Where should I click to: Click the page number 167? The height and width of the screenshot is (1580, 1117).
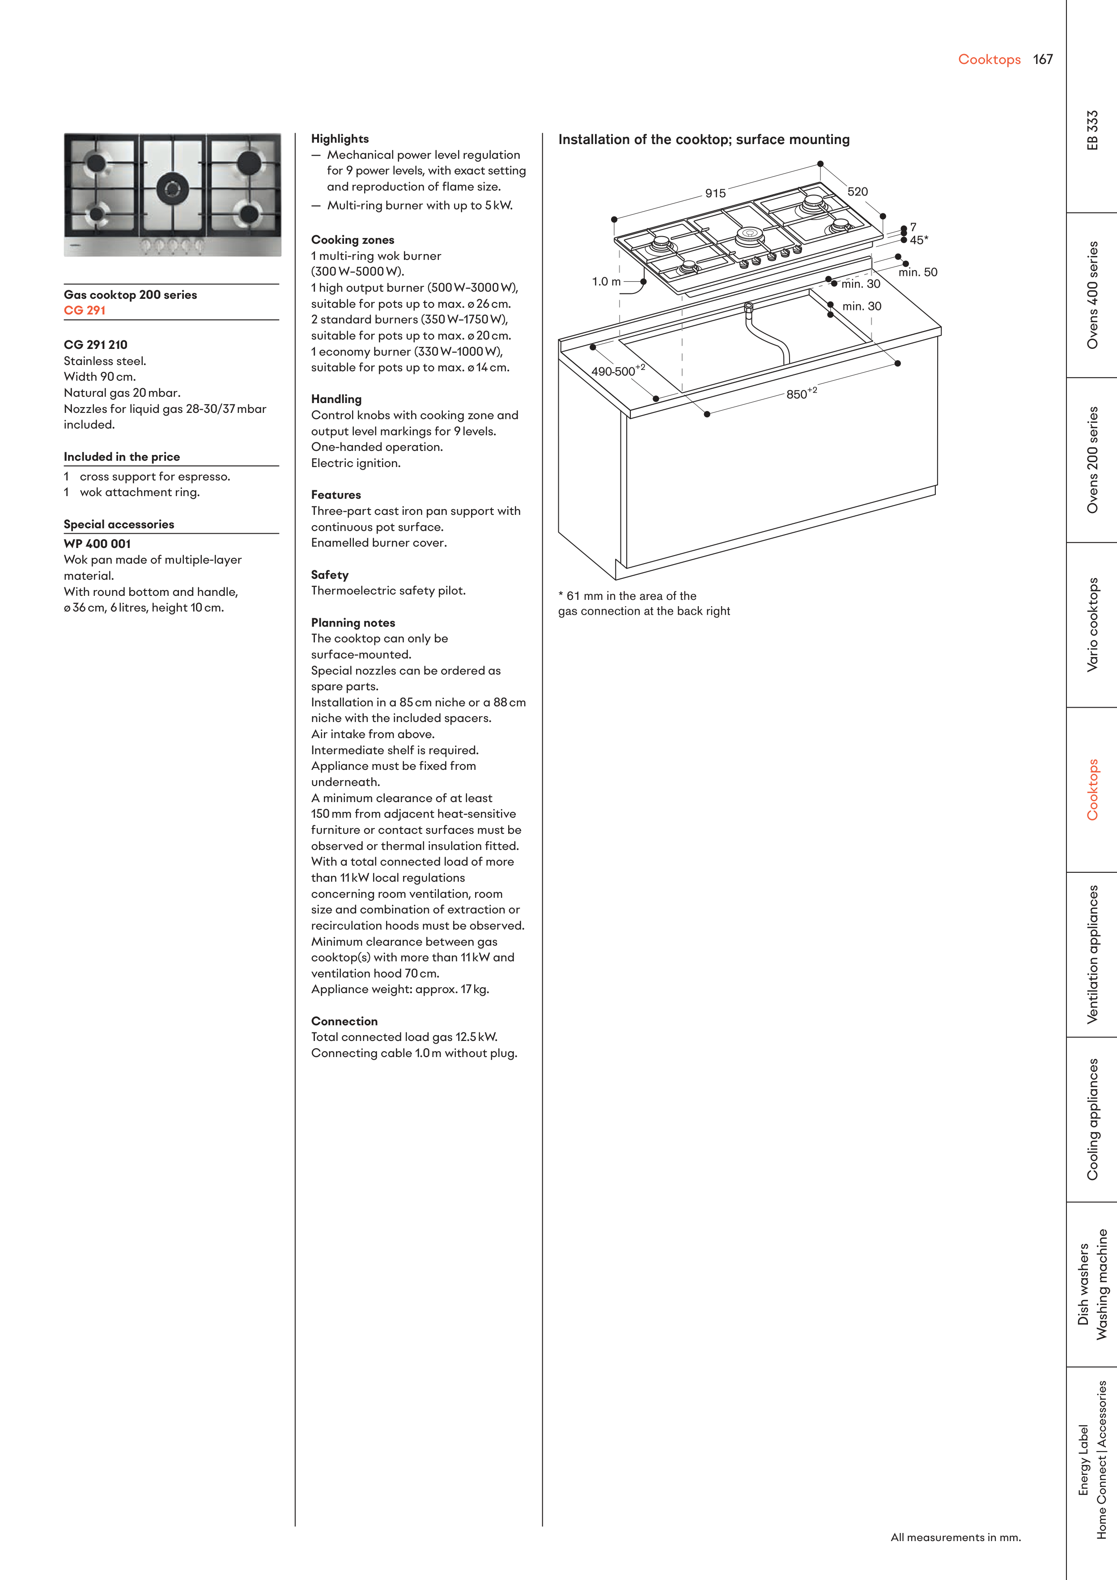[x=1043, y=60]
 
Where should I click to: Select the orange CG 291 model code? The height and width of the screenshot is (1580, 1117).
[x=85, y=310]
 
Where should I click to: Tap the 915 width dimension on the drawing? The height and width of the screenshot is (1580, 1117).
[x=715, y=193]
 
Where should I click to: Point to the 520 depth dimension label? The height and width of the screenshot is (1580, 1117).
[x=858, y=192]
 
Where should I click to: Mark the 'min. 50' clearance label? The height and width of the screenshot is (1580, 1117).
[x=917, y=272]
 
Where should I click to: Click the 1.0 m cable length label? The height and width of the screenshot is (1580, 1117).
[x=606, y=281]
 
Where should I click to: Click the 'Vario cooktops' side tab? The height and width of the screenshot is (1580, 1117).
[x=1092, y=625]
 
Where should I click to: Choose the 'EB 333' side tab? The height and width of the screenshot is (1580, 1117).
[x=1092, y=130]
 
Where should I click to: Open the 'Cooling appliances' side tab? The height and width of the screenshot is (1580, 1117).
[x=1092, y=1120]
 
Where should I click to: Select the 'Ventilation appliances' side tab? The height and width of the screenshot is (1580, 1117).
[x=1092, y=955]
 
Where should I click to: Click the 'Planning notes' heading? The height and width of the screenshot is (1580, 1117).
[x=353, y=623]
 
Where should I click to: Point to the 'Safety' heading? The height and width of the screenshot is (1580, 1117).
[x=330, y=575]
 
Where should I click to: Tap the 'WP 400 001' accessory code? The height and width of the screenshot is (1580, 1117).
[x=97, y=544]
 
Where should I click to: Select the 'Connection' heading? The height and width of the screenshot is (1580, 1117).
[x=344, y=1021]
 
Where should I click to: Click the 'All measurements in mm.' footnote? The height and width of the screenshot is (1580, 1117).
[x=955, y=1538]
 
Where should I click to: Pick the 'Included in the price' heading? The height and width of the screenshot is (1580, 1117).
[x=122, y=457]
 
